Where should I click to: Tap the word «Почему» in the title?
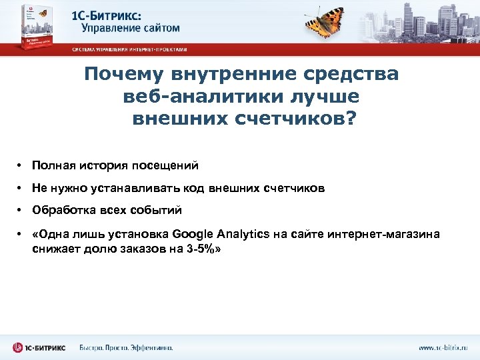(123, 74)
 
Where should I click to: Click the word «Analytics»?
(244, 234)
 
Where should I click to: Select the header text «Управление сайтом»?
(130, 27)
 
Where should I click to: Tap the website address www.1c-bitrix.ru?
(443, 347)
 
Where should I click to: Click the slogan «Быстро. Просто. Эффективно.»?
(126, 347)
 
